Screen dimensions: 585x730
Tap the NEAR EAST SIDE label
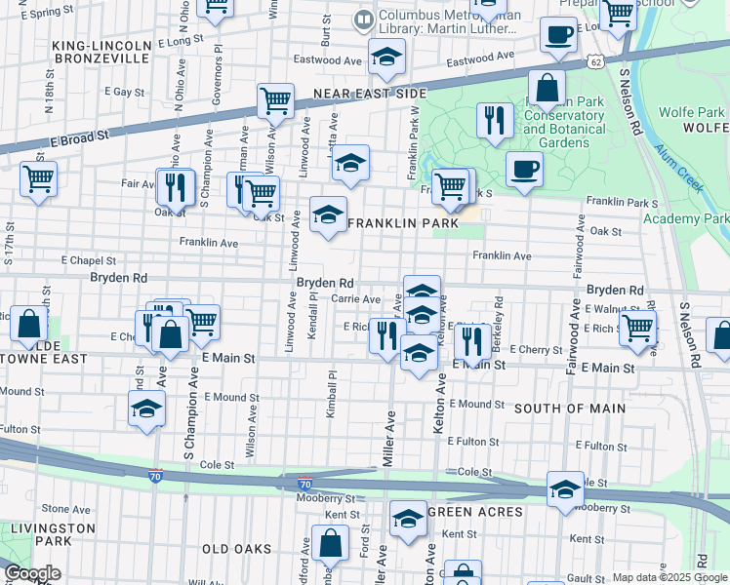(370, 95)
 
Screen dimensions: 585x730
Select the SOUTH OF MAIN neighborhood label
(569, 408)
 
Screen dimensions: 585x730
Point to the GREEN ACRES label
(475, 512)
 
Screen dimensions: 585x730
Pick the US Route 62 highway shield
(595, 62)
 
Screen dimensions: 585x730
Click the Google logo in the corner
(32, 573)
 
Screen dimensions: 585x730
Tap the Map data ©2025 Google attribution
(669, 577)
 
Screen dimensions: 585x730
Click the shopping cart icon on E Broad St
(276, 99)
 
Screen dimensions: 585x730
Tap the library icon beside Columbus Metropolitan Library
(364, 19)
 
